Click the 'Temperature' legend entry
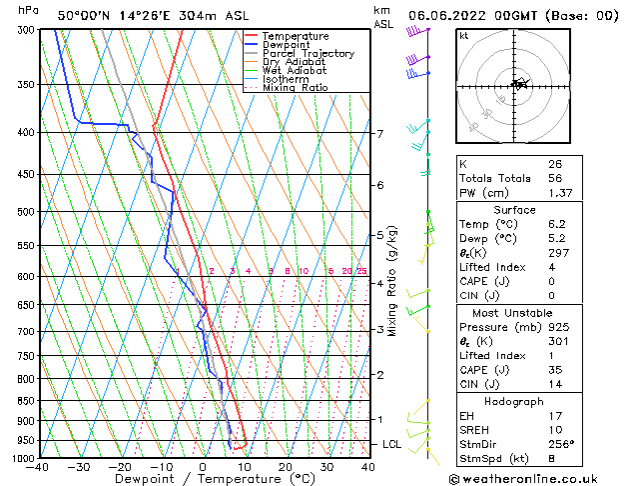pos(295,36)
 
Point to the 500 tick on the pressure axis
pos(25,212)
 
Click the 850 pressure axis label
pos(25,401)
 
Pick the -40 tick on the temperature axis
pos(39,467)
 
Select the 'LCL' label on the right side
pos(392,444)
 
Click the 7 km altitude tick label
pos(380,134)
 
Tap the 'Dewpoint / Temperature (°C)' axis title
pos(201,479)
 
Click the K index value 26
pos(554,164)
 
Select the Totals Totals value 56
pos(554,178)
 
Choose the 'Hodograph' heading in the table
pos(513,401)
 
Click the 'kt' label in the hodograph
pos(463,35)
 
